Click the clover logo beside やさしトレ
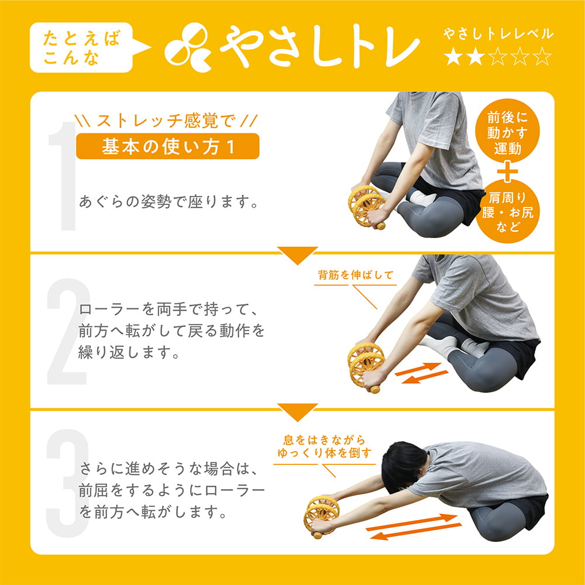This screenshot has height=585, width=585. click(187, 47)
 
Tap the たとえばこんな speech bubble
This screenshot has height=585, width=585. click(82, 49)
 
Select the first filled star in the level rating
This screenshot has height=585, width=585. click(452, 57)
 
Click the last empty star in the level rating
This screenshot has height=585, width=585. click(543, 57)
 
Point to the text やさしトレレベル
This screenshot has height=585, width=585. click(498, 34)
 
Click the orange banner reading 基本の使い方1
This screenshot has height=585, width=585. click(167, 146)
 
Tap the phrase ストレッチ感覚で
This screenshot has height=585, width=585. click(167, 122)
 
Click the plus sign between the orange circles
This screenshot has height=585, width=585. click(507, 171)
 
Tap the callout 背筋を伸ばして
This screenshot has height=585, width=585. click(356, 275)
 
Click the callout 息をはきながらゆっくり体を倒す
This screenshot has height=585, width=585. click(324, 446)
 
